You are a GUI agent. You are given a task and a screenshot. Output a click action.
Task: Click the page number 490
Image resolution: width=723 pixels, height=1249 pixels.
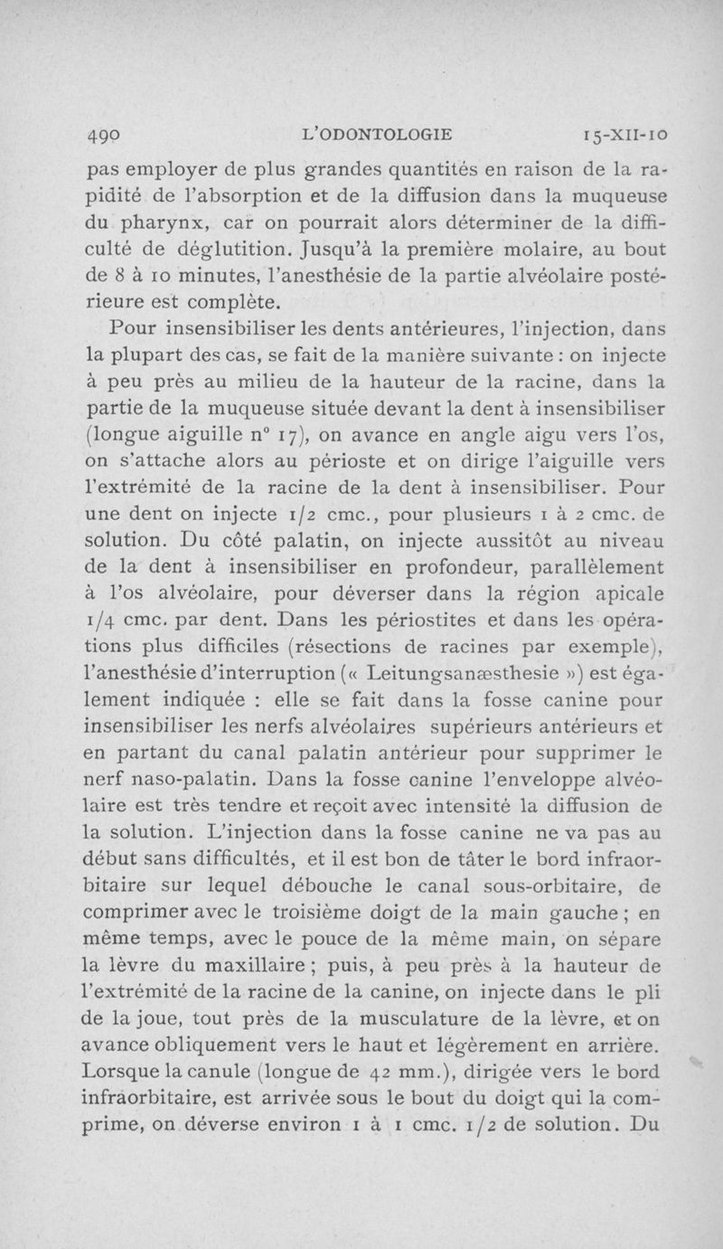tap(105, 137)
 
